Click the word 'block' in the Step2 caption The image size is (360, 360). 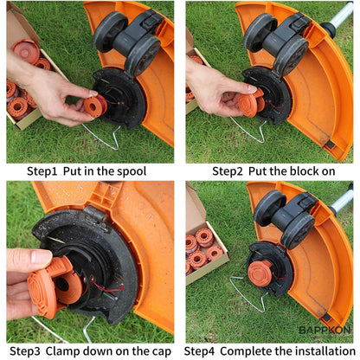click(x=300, y=171)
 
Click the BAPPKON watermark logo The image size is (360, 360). click(x=325, y=330)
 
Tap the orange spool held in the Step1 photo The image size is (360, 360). click(x=93, y=106)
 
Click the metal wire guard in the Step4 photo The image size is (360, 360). click(x=247, y=299)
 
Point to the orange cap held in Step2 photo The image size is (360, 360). click(x=248, y=104)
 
